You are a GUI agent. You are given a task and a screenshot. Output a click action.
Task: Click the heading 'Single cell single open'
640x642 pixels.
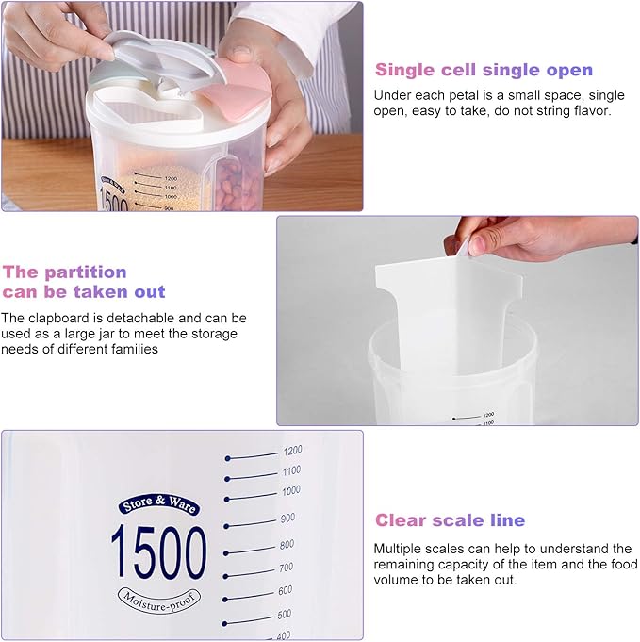(x=484, y=70)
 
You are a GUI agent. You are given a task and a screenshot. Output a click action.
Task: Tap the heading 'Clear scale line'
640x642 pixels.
(x=450, y=520)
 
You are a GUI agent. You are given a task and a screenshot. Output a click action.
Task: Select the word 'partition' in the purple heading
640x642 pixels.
(x=86, y=272)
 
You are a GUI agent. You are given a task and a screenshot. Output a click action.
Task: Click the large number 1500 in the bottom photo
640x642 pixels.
(x=159, y=551)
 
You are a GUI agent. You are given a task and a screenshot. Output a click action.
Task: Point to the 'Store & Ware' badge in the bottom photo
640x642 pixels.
(x=159, y=504)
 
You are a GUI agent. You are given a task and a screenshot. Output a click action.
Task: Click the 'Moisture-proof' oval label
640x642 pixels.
(x=159, y=600)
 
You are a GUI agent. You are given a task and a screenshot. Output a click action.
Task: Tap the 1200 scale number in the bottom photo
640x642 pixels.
(x=292, y=451)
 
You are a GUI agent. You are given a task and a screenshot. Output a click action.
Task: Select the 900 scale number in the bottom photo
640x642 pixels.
(x=287, y=518)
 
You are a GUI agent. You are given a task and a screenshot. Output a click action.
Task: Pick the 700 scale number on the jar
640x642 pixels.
(x=286, y=568)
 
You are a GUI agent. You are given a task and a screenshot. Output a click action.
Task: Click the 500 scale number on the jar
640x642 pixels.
(x=284, y=614)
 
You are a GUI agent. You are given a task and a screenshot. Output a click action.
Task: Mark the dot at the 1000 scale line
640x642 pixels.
(x=227, y=499)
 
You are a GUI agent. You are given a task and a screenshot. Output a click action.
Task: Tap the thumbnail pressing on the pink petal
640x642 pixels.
(x=240, y=52)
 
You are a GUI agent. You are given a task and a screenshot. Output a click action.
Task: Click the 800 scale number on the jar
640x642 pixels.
(x=287, y=545)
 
